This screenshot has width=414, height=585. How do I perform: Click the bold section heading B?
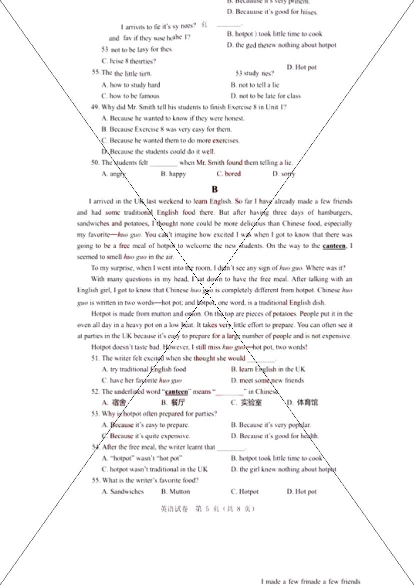tap(215, 189)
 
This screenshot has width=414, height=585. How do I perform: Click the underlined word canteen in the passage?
tap(334, 246)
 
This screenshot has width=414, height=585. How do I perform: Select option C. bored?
tap(228, 174)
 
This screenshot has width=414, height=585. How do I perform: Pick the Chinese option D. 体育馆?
tap(302, 402)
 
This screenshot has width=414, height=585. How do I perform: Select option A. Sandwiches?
tap(123, 491)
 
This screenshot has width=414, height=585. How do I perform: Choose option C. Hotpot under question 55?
tap(245, 491)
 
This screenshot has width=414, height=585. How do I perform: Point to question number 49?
tap(95, 107)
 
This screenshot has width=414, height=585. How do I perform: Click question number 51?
tap(95, 358)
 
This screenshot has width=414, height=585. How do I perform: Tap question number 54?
tap(96, 447)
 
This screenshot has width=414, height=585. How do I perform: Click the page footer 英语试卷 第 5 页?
tap(208, 509)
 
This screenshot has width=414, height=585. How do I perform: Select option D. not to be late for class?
tap(266, 96)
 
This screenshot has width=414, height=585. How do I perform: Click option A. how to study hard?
tap(131, 85)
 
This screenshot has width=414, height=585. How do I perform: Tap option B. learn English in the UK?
tap(268, 369)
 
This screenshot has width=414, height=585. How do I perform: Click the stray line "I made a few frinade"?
tap(310, 581)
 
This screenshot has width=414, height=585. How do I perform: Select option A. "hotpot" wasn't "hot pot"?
tap(142, 458)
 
